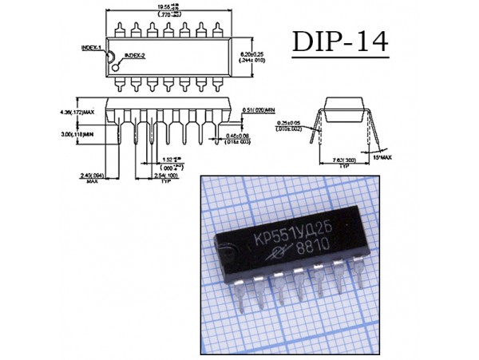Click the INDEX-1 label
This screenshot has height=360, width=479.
[93, 48]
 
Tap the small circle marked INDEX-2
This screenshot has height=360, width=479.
[120, 56]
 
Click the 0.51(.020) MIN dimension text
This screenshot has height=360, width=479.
[259, 108]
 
